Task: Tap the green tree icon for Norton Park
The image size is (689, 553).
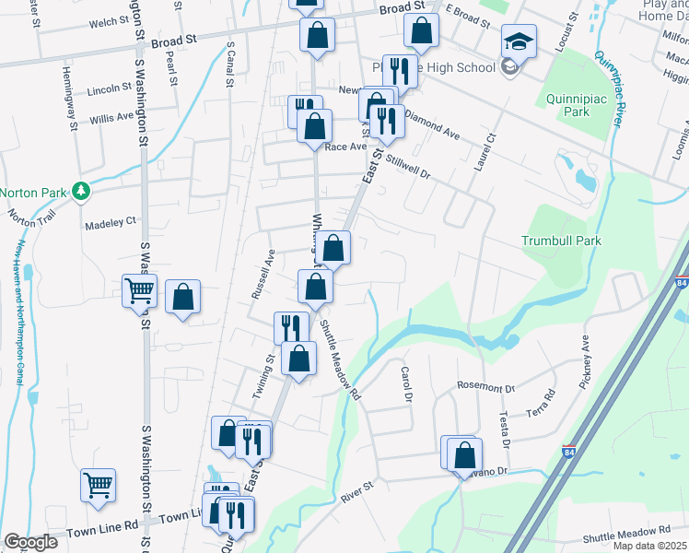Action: coord(82,191)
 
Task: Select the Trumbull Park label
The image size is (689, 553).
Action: coord(561,241)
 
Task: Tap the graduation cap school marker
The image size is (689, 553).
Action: coord(519,41)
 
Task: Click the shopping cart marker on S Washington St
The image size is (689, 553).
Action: coord(139,291)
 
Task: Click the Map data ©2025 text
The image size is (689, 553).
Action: coord(648,547)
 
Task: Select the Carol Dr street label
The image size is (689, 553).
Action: coord(404,383)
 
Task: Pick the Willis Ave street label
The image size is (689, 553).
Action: coord(111,118)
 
